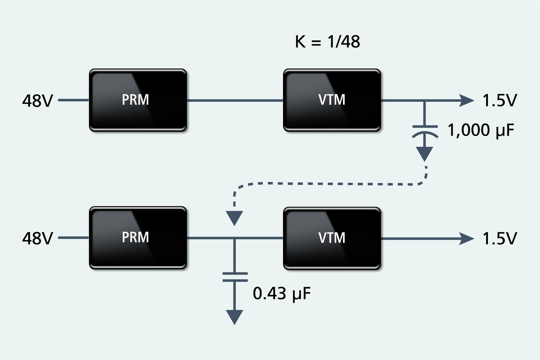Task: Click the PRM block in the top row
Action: pyautogui.click(x=138, y=100)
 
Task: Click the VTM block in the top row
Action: pyautogui.click(x=332, y=100)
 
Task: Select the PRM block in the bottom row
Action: pyautogui.click(x=138, y=238)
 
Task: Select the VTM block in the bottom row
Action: pyautogui.click(x=332, y=238)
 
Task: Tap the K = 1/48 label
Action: pyautogui.click(x=327, y=42)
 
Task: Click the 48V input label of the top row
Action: pyautogui.click(x=37, y=101)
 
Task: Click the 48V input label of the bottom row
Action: pyautogui.click(x=37, y=239)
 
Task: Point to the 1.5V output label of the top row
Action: pyautogui.click(x=500, y=101)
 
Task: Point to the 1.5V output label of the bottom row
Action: pyautogui.click(x=500, y=239)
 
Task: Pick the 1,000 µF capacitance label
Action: pyautogui.click(x=481, y=130)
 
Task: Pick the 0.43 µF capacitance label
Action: pyautogui.click(x=282, y=293)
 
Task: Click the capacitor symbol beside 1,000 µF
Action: pyautogui.click(x=425, y=131)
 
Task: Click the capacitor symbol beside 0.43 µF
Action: pyautogui.click(x=235, y=277)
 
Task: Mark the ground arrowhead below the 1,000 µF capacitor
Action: pyautogui.click(x=425, y=153)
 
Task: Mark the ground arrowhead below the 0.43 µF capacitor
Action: pyautogui.click(x=234, y=317)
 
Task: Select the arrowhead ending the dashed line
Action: pyautogui.click(x=234, y=217)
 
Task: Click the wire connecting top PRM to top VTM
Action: pyautogui.click(x=235, y=101)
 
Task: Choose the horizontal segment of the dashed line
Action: pyautogui.click(x=327, y=184)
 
